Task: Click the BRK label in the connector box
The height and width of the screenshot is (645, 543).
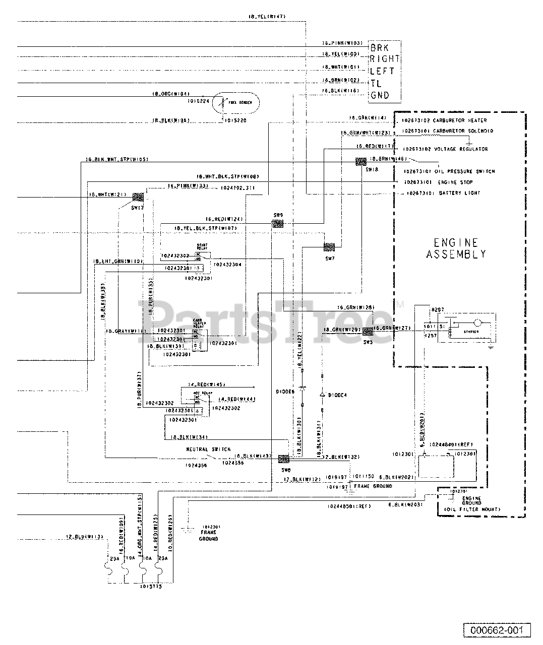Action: tap(379, 48)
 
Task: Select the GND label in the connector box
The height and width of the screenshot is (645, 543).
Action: tap(379, 95)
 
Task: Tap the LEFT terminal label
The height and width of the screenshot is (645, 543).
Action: tap(382, 72)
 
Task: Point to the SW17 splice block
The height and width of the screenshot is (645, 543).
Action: tap(137, 197)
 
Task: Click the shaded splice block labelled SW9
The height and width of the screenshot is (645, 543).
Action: tap(278, 224)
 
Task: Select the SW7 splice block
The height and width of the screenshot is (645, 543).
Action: tap(329, 247)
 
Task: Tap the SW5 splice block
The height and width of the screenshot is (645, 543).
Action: tap(368, 331)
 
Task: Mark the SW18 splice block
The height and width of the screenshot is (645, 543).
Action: tap(360, 162)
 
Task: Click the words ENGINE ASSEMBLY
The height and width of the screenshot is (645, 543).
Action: tap(456, 248)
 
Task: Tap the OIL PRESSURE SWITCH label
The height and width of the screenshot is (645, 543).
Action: tap(467, 171)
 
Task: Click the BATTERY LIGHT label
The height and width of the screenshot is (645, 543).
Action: tap(459, 193)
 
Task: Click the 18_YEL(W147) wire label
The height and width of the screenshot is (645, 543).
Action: tap(267, 17)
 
